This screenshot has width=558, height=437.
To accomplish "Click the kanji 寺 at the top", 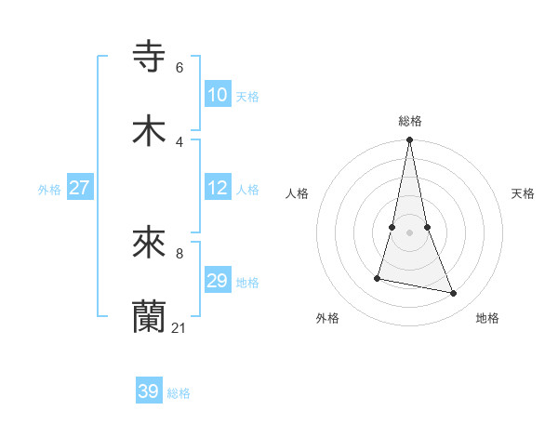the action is pyautogui.click(x=150, y=56).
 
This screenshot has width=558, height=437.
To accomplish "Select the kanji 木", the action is pyautogui.click(x=150, y=131).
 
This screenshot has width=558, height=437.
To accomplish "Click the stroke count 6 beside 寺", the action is pyautogui.click(x=179, y=68).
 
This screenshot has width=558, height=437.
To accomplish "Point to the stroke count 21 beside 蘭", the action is pyautogui.click(x=179, y=328).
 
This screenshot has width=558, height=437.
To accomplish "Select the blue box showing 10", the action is pyautogui.click(x=218, y=95).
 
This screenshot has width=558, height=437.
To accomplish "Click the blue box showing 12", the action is pyautogui.click(x=218, y=189).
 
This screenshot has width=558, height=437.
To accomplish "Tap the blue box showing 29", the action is pyautogui.click(x=218, y=281).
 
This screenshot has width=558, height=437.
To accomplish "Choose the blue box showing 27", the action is pyautogui.click(x=80, y=188).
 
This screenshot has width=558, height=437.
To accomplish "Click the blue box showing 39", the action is pyautogui.click(x=149, y=391).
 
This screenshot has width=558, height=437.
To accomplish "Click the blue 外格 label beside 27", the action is pyautogui.click(x=49, y=190).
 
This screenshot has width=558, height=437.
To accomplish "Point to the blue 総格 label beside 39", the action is pyautogui.click(x=179, y=393).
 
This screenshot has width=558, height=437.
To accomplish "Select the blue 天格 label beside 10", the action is pyautogui.click(x=247, y=97).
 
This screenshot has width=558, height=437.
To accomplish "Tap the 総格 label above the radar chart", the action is pyautogui.click(x=409, y=121).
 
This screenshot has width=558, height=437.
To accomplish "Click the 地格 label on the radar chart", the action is pyautogui.click(x=487, y=319).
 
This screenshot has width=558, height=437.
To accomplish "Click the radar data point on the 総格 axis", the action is pyautogui.click(x=409, y=140).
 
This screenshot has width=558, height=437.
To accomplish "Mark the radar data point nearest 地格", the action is pyautogui.click(x=454, y=294).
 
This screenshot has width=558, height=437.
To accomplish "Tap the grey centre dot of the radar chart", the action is pyautogui.click(x=409, y=232).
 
